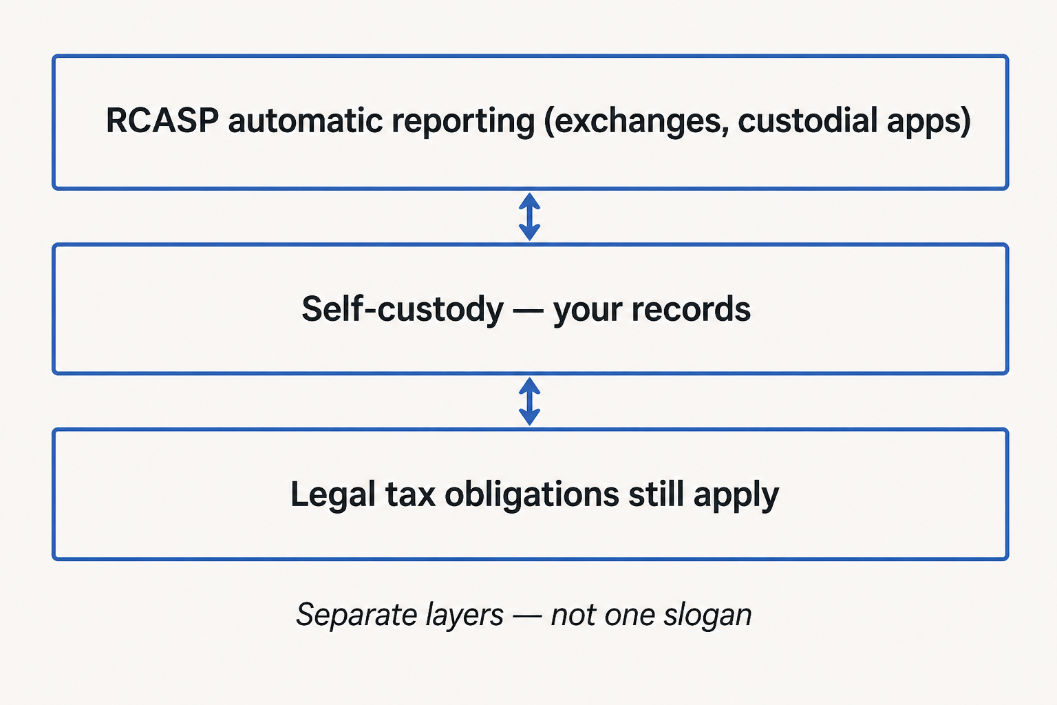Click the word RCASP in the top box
point(162,120)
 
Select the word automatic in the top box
point(306,120)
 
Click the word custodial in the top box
point(807,120)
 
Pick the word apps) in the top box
point(928,122)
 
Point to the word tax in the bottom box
point(410,495)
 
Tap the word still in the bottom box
point(656,494)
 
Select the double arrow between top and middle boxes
point(529,217)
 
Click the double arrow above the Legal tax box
point(529,401)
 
